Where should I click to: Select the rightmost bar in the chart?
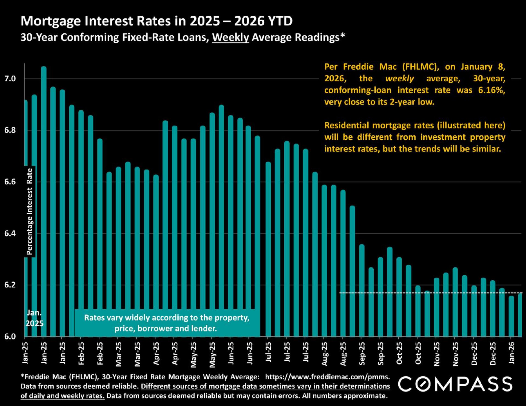click(x=520, y=315)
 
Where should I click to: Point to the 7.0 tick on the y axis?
click(x=10, y=79)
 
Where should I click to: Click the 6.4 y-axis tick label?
click(x=10, y=234)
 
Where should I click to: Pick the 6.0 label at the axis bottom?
click(x=10, y=336)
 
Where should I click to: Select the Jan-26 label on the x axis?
click(x=511, y=353)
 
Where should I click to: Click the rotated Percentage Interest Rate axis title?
click(x=30, y=211)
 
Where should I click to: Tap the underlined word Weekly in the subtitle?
click(x=230, y=38)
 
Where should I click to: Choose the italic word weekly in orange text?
click(x=399, y=79)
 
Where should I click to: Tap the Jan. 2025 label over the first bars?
click(x=35, y=318)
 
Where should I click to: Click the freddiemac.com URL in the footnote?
click(x=327, y=377)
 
